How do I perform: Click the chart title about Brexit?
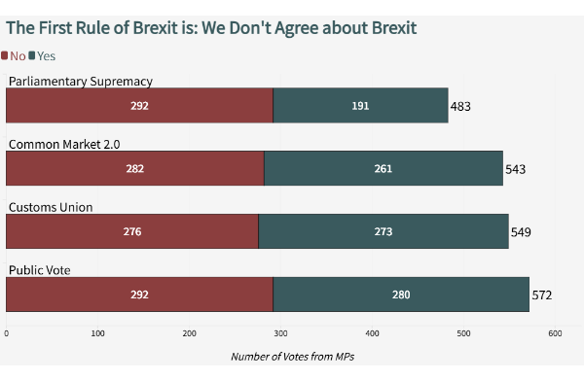coord(211,27)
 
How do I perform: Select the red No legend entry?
coord(15,56)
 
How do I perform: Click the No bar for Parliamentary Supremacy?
coord(139,106)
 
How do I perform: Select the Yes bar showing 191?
coord(360,106)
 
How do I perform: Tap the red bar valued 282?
coord(134,168)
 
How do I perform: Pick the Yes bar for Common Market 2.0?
coord(383,168)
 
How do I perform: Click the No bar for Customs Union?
coord(131,231)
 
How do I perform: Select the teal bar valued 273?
coord(383,231)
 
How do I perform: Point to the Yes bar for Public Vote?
coord(400,294)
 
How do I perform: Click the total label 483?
coord(460,106)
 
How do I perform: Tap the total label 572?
coord(541,294)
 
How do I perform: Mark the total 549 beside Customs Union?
coord(521,231)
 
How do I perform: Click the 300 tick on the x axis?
coord(280,333)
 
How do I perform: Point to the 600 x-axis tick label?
coord(555,333)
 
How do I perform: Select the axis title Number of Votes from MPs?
coord(292,357)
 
